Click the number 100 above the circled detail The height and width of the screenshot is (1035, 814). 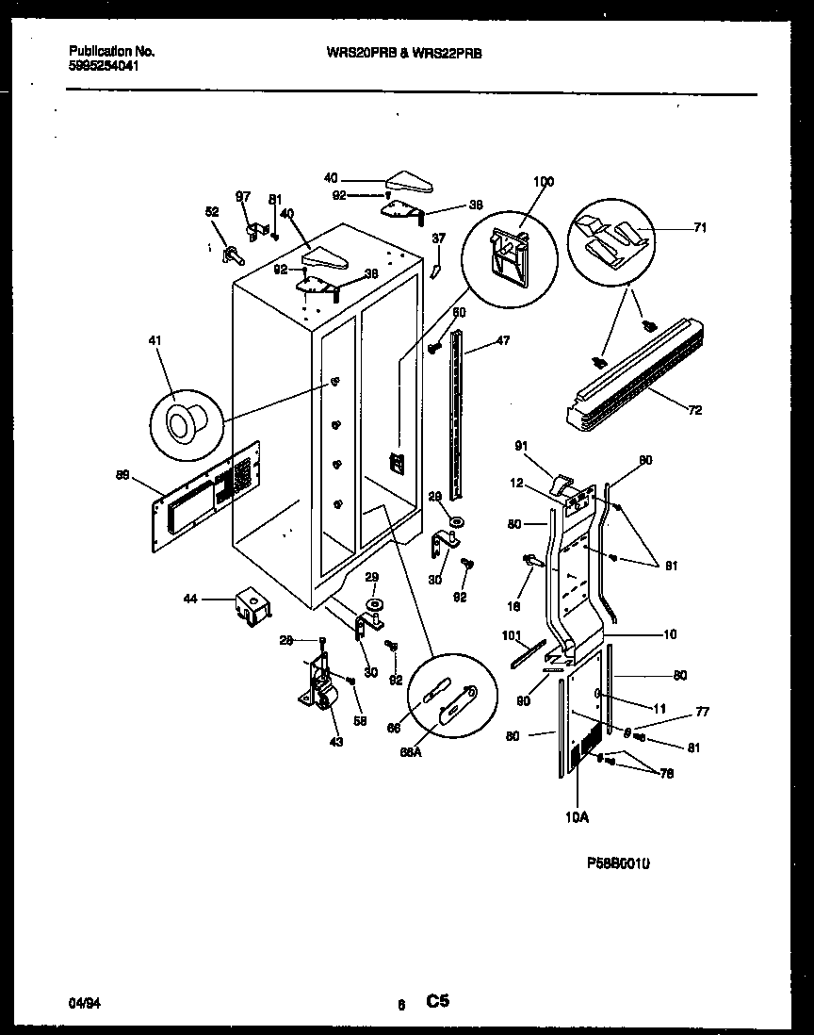click(x=544, y=182)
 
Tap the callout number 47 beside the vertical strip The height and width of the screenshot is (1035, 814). click(x=503, y=340)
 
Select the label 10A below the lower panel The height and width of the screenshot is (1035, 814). click(x=578, y=817)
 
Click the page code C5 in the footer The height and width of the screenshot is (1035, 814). click(x=438, y=1002)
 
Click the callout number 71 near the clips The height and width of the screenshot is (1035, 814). click(x=700, y=227)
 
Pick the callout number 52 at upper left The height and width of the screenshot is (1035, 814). click(x=213, y=212)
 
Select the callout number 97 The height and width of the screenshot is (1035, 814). click(x=243, y=196)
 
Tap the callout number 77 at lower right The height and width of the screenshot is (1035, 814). click(x=702, y=712)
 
